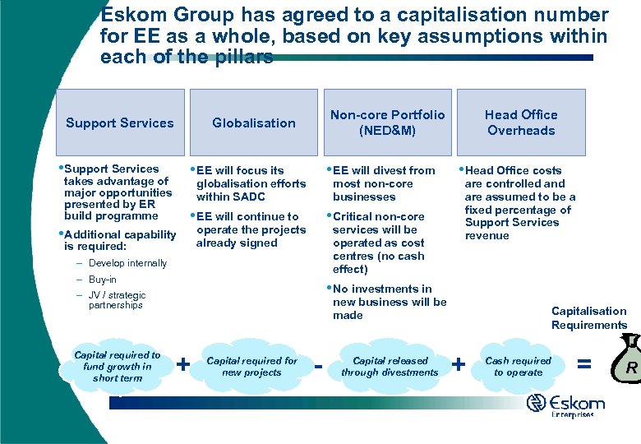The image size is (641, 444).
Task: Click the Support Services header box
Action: [x=120, y=123]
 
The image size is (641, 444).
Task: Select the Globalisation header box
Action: [x=253, y=123]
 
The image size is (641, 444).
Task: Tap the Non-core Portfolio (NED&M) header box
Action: [x=387, y=123]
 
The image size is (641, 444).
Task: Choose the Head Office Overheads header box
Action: [x=521, y=123]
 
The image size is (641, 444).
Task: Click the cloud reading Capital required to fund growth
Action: [x=117, y=367]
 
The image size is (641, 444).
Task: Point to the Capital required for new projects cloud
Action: [x=251, y=367]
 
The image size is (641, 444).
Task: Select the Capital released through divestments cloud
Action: [x=390, y=367]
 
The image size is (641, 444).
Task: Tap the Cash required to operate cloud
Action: [x=519, y=367]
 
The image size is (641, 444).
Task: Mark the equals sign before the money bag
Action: [x=584, y=362]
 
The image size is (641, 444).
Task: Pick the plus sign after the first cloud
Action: [x=184, y=363]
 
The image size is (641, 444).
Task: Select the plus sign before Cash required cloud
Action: [x=459, y=363]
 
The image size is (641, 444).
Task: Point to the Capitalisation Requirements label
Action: [x=588, y=318]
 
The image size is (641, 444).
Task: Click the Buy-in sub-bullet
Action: [x=103, y=280]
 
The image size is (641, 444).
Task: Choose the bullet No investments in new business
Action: [x=389, y=302]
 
